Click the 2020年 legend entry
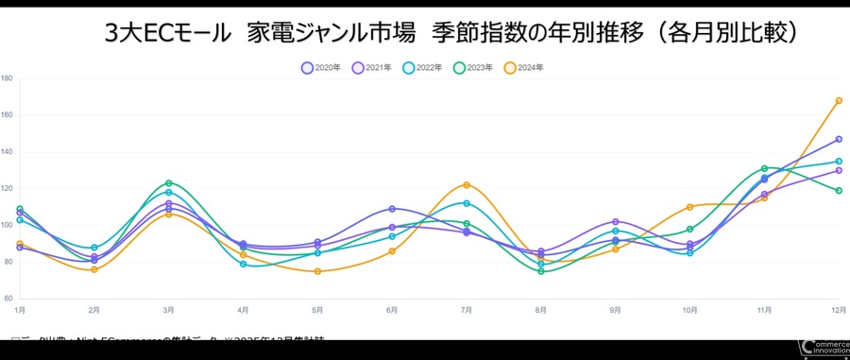coord(320,68)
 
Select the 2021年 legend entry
coord(371,68)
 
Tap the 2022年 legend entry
coord(422,68)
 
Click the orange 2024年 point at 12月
coord(839,101)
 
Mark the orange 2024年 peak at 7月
coord(467,185)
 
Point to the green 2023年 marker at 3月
coord(168,183)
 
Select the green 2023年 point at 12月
coord(839,191)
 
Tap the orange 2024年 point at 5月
coord(317,272)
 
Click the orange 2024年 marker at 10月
coord(690,207)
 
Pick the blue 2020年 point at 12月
coord(839,140)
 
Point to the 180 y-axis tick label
coord(7,78)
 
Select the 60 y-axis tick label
coord(8,299)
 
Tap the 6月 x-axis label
coord(392,310)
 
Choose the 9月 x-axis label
coord(616,310)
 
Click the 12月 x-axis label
coord(837,310)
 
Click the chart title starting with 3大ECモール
coord(453,34)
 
